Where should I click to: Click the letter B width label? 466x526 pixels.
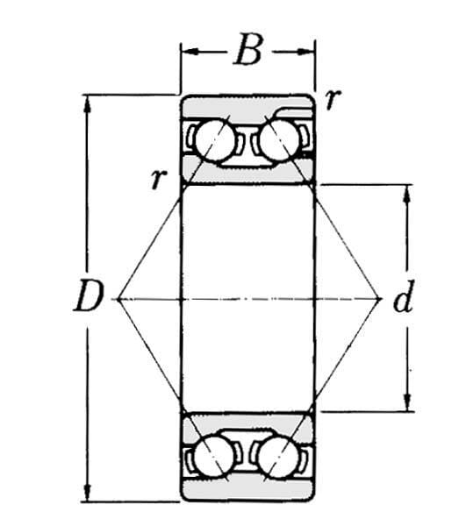point(248,49)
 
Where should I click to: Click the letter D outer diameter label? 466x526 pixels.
point(87,295)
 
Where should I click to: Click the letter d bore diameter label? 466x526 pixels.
point(402,297)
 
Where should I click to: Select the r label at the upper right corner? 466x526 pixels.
point(333,99)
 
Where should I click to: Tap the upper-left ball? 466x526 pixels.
point(215,140)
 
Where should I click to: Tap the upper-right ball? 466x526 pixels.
point(279,140)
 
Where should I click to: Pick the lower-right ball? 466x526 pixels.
point(278,456)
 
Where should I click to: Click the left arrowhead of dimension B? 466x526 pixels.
point(189,52)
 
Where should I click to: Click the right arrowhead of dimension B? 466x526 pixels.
point(306,52)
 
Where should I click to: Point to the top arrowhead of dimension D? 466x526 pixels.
point(87,103)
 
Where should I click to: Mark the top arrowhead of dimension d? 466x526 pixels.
point(407,193)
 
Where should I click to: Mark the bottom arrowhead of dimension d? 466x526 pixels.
point(407,402)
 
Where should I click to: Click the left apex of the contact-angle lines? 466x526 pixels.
point(118,299)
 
